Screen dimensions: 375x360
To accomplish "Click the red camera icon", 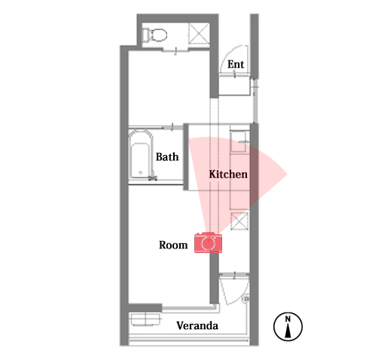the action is click(x=208, y=243).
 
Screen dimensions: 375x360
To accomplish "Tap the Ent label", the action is click(x=236, y=64).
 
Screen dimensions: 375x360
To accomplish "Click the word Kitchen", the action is click(x=228, y=174).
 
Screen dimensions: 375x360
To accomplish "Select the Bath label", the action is click(x=167, y=157).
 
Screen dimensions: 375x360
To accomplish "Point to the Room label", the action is click(x=173, y=245).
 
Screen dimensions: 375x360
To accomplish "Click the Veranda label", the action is click(x=197, y=325).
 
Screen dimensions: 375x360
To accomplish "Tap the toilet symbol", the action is click(x=154, y=35).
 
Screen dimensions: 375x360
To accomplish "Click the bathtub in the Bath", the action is click(x=141, y=154).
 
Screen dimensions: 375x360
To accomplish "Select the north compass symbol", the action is click(x=288, y=326).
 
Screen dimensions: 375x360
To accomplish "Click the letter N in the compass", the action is click(x=288, y=319).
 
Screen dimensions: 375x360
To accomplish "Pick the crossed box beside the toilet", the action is click(x=199, y=33).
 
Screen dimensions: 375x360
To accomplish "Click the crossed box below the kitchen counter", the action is click(x=239, y=221).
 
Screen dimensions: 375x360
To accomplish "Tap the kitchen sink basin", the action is click(x=238, y=142).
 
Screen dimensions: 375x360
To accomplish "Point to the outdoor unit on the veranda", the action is click(x=145, y=319).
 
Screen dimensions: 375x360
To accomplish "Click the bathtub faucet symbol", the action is click(x=153, y=176).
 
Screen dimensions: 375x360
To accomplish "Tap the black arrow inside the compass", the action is click(x=288, y=331).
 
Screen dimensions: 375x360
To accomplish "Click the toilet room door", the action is click(x=175, y=50).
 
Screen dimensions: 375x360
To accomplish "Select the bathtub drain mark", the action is click(x=141, y=172).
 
